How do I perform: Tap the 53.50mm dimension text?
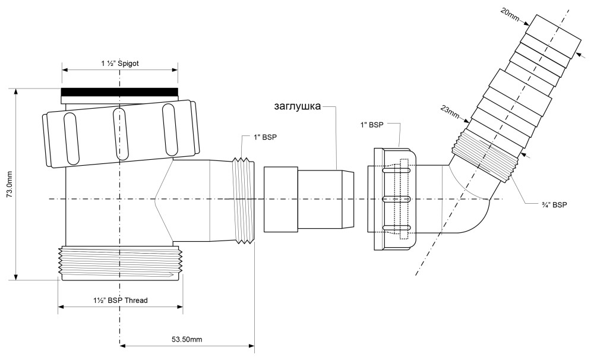tap(187, 339)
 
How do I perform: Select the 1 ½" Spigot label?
tap(120, 64)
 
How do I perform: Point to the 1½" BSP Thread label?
tap(120, 300)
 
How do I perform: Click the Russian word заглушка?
tap(298, 106)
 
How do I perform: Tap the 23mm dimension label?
tap(451, 112)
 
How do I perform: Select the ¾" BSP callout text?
tap(554, 204)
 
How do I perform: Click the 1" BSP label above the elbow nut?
tap(372, 125)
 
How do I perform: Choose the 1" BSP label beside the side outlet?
tap(265, 137)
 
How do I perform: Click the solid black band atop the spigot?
tap(119, 92)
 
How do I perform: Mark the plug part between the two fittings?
tap(309, 199)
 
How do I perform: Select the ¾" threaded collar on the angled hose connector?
tap(485, 156)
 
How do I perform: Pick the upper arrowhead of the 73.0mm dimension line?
tap(15, 92)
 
